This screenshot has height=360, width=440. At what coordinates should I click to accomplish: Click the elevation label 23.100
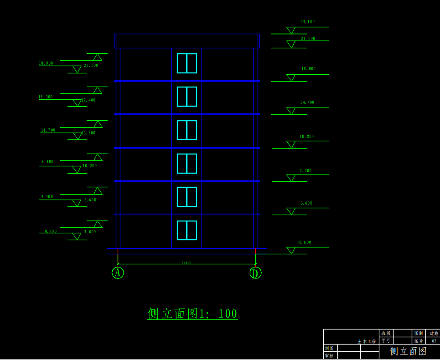click(x=307, y=22)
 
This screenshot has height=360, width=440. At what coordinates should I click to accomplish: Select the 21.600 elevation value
click(x=308, y=39)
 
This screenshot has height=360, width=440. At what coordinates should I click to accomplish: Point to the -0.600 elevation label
click(x=304, y=242)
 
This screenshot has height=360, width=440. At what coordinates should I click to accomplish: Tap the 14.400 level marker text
click(x=307, y=103)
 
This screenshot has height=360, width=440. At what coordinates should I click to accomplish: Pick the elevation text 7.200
click(x=305, y=171)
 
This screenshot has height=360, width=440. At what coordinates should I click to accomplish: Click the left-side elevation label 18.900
click(x=46, y=63)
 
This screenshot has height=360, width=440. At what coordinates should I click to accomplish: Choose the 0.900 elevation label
click(x=51, y=231)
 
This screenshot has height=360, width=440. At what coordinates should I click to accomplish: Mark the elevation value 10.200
click(x=89, y=166)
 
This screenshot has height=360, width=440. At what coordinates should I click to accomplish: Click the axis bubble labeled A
click(x=118, y=273)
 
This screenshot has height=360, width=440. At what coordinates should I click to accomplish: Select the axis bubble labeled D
click(x=255, y=273)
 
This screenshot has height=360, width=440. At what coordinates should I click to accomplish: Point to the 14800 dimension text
click(x=186, y=263)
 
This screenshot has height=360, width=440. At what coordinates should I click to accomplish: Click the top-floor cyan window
click(x=187, y=63)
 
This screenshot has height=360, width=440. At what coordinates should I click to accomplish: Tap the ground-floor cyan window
click(x=187, y=230)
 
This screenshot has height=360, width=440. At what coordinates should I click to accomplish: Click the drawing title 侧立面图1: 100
click(x=192, y=314)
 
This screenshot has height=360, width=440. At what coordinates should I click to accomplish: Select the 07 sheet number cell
click(x=434, y=341)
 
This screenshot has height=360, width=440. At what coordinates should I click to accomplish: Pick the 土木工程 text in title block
click(x=367, y=341)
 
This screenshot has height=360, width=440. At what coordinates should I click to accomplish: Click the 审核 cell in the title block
click(x=329, y=355)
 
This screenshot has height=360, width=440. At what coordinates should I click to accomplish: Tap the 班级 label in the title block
click(x=386, y=334)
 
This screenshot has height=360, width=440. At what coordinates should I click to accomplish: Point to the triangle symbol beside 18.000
click(x=290, y=77)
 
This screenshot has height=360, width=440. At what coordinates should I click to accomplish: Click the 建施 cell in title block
click(x=434, y=334)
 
